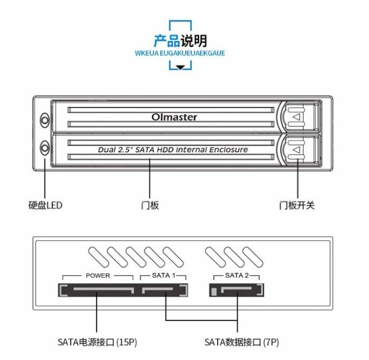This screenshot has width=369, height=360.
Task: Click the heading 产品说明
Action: coord(180,41)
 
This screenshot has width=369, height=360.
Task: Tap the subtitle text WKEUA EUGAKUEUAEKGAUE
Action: coord(180,53)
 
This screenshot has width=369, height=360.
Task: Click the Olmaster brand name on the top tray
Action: coord(174,117)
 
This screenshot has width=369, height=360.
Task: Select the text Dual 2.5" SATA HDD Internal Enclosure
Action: coord(173,150)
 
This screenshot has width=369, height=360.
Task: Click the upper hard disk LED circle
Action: coord(45,121)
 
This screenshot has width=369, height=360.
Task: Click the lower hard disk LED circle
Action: coord(45,147)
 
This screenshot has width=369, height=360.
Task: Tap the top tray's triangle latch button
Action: coord(297,116)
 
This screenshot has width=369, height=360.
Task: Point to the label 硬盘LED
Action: coord(45,205)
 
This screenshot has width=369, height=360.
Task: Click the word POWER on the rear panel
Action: coord(98,276)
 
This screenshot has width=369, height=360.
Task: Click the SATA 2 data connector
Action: coord(237,290)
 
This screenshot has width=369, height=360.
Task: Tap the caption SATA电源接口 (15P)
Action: coord(98,342)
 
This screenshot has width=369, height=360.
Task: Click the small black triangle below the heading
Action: coord(181,67)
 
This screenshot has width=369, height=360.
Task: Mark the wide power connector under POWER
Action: coord(99,290)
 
